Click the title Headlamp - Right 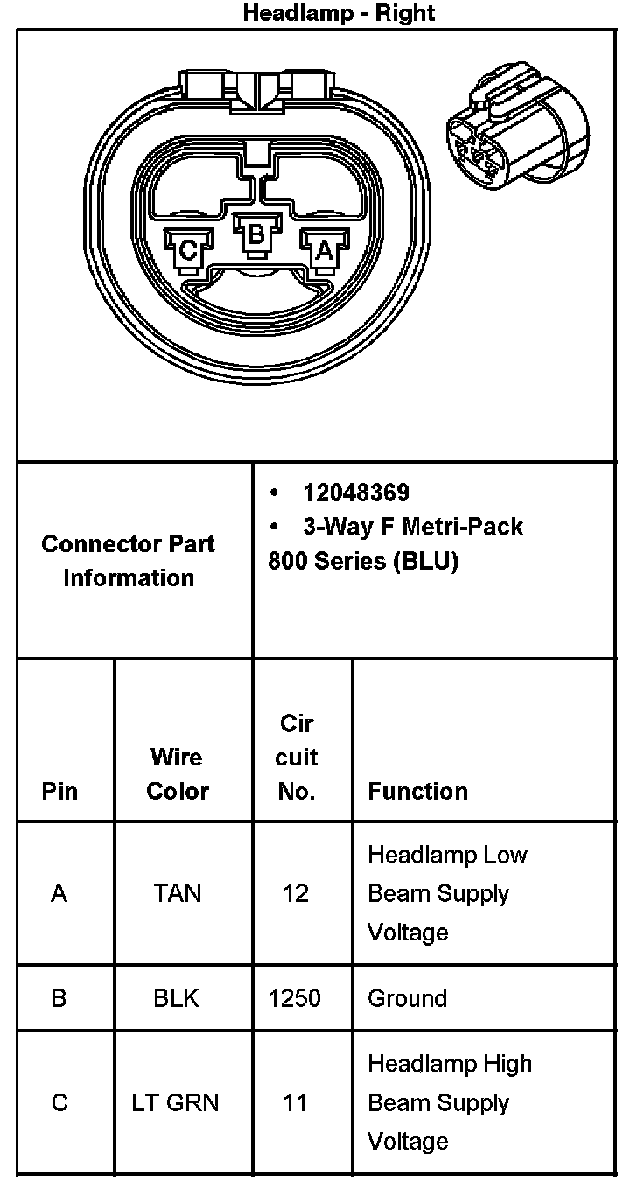coord(339,13)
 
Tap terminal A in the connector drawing coord(323,250)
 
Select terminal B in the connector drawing coord(255,234)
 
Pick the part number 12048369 coord(356,493)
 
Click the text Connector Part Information coord(129,560)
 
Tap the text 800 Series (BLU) coord(363,561)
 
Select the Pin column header coord(59,791)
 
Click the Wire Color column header coord(177,773)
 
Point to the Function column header coord(417,791)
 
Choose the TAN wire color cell coord(177,893)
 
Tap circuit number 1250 coord(295,998)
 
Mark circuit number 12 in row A coord(296,893)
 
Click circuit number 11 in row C coord(295,1102)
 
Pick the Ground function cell coord(407,998)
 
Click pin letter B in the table coord(59,998)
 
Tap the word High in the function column coord(506,1064)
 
